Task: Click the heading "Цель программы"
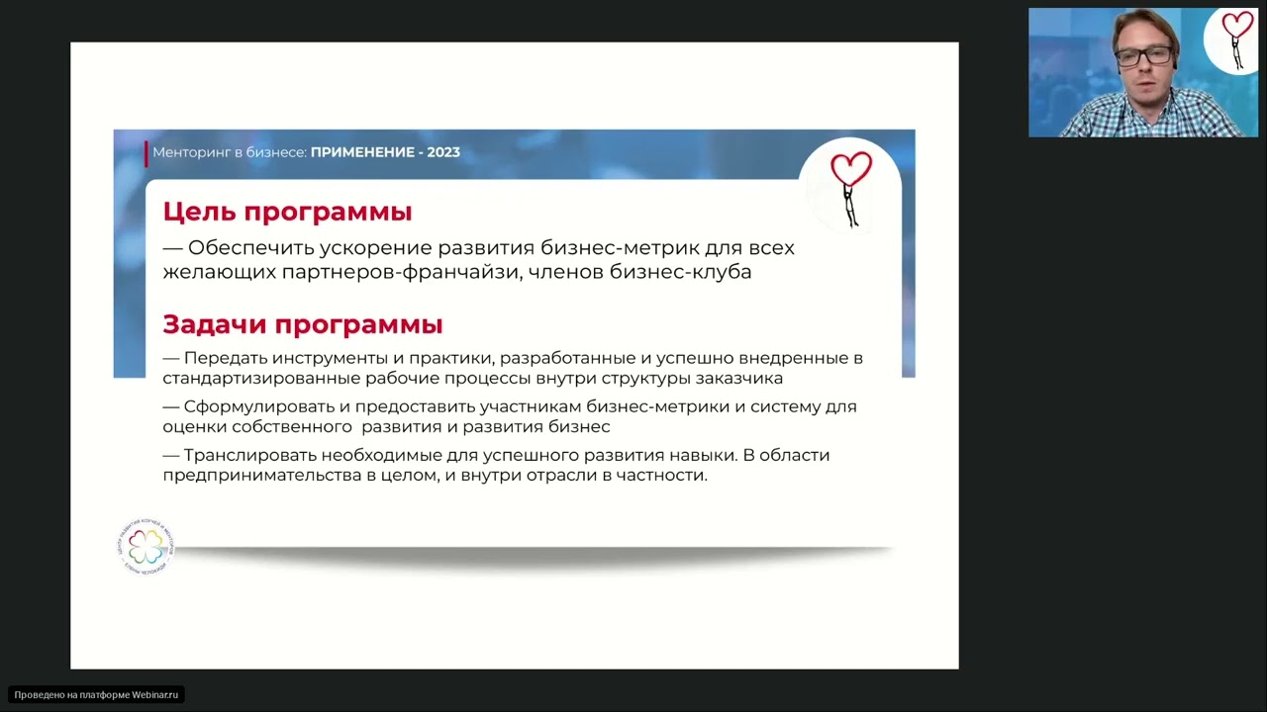click(287, 213)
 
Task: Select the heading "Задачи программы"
click(302, 324)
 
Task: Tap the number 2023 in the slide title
click(443, 152)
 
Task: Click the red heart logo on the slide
click(850, 170)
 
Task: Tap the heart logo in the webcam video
click(1236, 28)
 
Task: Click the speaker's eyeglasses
click(1144, 56)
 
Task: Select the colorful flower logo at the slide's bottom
click(146, 546)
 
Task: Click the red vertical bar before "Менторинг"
click(146, 153)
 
